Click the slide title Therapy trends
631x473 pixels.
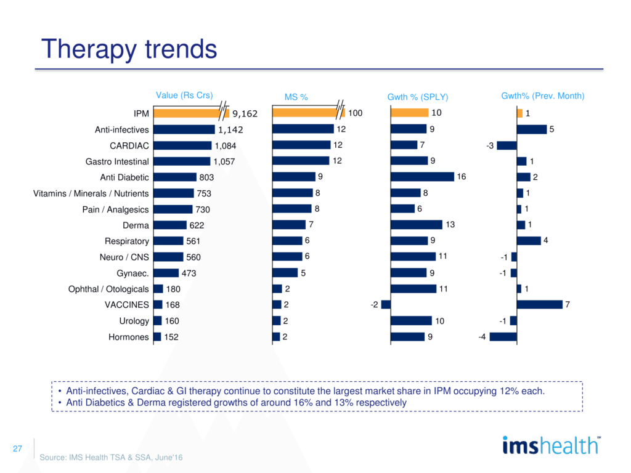[129, 49]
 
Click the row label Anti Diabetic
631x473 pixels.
[124, 177]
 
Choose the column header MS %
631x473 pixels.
[296, 97]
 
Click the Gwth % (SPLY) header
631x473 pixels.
[417, 97]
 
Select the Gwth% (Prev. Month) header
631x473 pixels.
[542, 96]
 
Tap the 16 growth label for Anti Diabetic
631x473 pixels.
[461, 177]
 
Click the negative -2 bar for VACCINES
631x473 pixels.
[386, 304]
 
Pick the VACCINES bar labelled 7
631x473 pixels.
[540, 304]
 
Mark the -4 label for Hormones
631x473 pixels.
[482, 337]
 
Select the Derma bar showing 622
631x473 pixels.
[170, 225]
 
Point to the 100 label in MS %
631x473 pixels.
[355, 113]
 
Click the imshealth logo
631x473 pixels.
[550, 445]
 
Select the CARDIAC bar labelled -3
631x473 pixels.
[507, 145]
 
